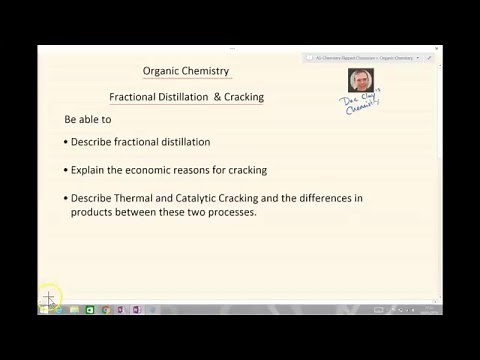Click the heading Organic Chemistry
pyautogui.click(x=186, y=71)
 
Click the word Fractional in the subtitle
pyautogui.click(x=135, y=97)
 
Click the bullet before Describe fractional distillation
pyautogui.click(x=64, y=142)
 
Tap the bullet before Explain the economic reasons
pyautogui.click(x=64, y=170)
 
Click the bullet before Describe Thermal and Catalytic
pyautogui.click(x=64, y=198)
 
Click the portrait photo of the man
pyautogui.click(x=360, y=80)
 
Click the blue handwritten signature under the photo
pyautogui.click(x=363, y=103)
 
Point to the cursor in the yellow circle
pyautogui.click(x=49, y=297)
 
